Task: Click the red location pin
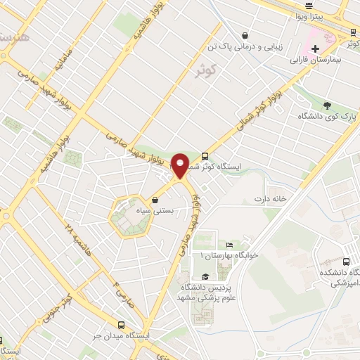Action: coord(181,165)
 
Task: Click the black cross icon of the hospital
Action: coord(315,49)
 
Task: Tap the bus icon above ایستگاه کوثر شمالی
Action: coord(205,155)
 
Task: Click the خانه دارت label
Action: coord(271,199)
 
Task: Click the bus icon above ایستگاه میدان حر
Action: coord(122,325)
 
